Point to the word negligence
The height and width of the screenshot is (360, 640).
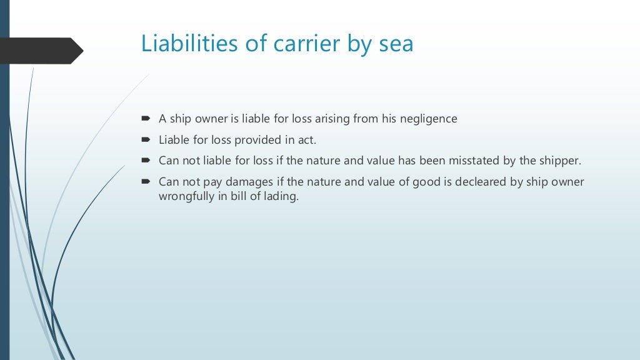coord(428,119)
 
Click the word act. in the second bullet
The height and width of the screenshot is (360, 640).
coord(306,140)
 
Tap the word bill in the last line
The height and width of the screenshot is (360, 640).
coord(237,195)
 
